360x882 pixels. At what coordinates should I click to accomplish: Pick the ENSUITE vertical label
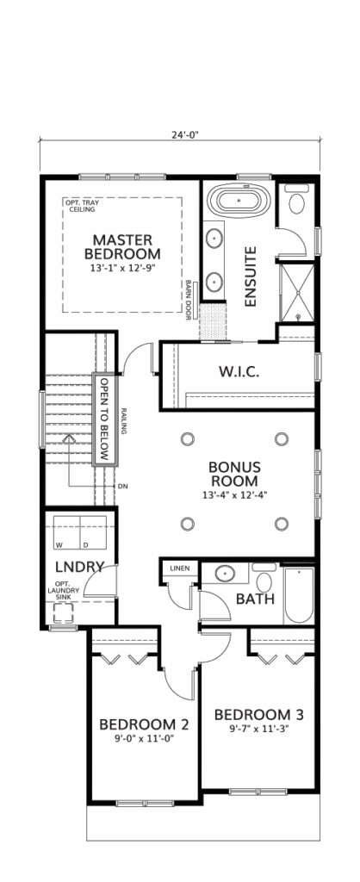coord(251,276)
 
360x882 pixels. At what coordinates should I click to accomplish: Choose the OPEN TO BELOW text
coord(104,419)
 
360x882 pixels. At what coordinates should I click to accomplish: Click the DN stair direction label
coord(122,486)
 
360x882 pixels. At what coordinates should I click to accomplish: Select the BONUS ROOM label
coord(234,474)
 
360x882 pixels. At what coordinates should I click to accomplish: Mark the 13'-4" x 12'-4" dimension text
coord(234,495)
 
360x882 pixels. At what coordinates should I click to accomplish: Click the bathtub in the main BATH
coord(298,595)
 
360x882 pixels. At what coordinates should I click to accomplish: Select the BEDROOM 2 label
coord(144,724)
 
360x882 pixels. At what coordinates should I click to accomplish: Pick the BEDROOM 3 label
coord(259,715)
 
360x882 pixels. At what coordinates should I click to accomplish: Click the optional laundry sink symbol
coord(65,614)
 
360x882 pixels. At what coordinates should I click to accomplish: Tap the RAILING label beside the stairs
coord(123,421)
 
